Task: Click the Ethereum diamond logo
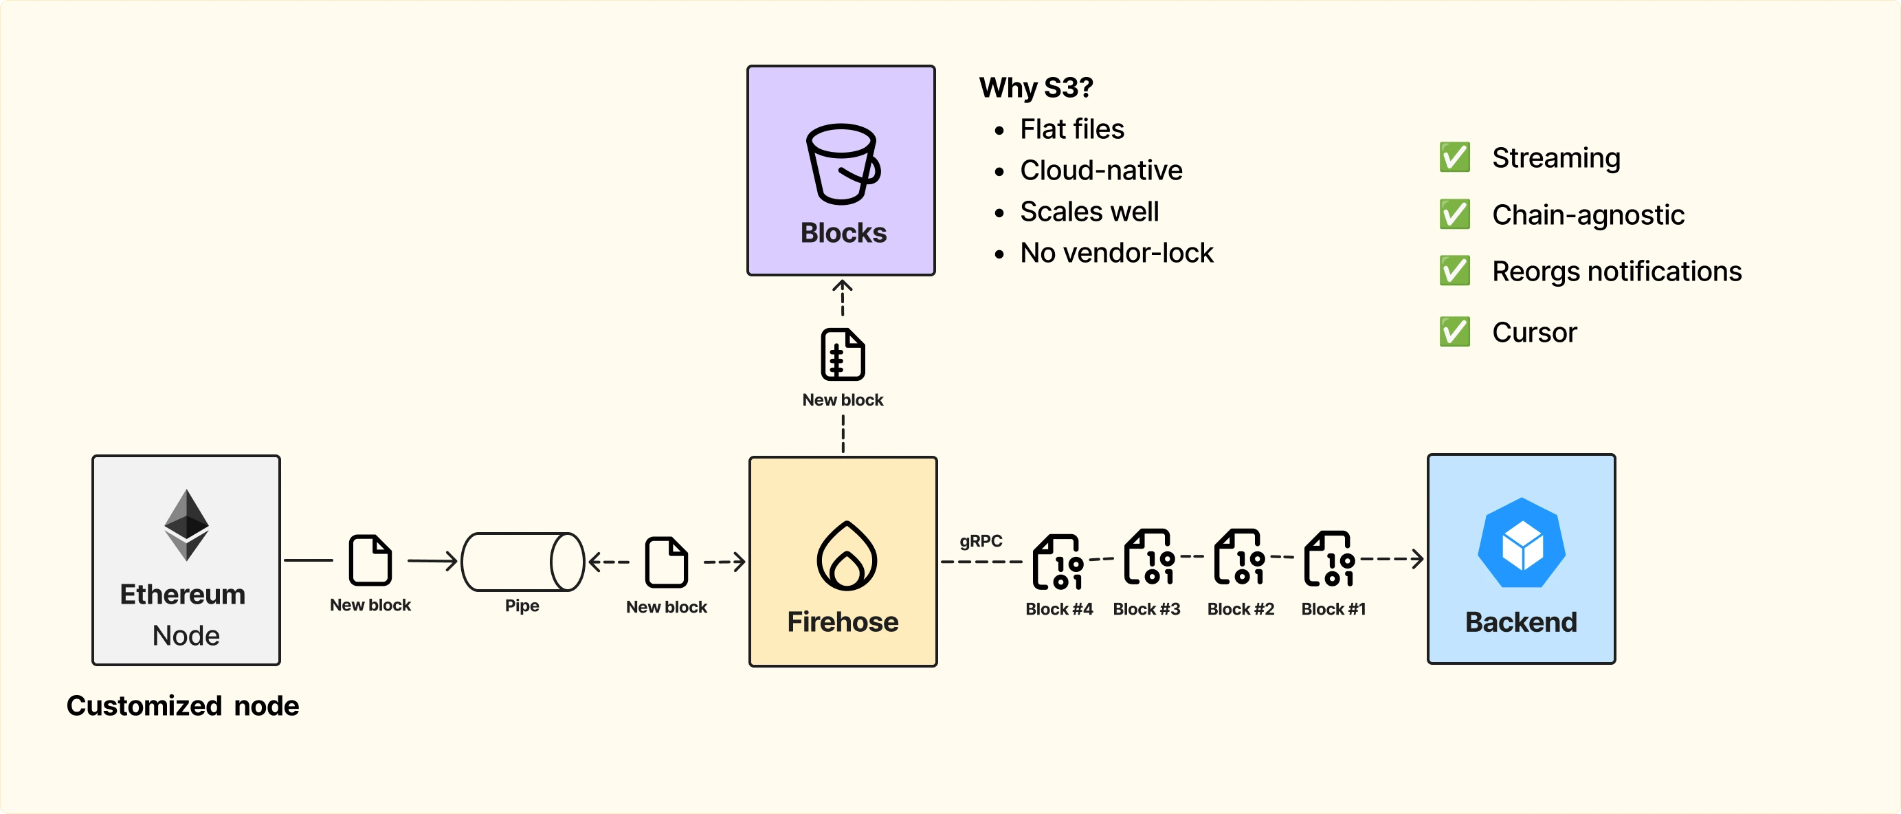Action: click(x=186, y=525)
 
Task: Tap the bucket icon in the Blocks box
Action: click(x=842, y=164)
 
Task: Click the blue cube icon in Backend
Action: click(x=1521, y=543)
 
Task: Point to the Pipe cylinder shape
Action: click(x=522, y=562)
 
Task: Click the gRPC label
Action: click(x=980, y=541)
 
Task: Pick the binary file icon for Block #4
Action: click(x=1058, y=562)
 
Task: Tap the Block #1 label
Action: click(x=1333, y=609)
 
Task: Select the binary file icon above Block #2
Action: click(x=1240, y=558)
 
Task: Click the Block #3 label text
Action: click(x=1146, y=609)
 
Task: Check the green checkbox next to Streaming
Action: click(x=1454, y=157)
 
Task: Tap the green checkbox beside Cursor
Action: click(x=1454, y=331)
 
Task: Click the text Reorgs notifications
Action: click(x=1616, y=272)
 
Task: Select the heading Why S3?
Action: click(x=1035, y=88)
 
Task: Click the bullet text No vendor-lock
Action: click(x=1116, y=253)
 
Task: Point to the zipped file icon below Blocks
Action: click(x=842, y=354)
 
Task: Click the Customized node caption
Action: click(x=182, y=705)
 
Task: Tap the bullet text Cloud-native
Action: click(x=1100, y=170)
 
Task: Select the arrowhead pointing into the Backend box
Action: click(x=1418, y=559)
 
